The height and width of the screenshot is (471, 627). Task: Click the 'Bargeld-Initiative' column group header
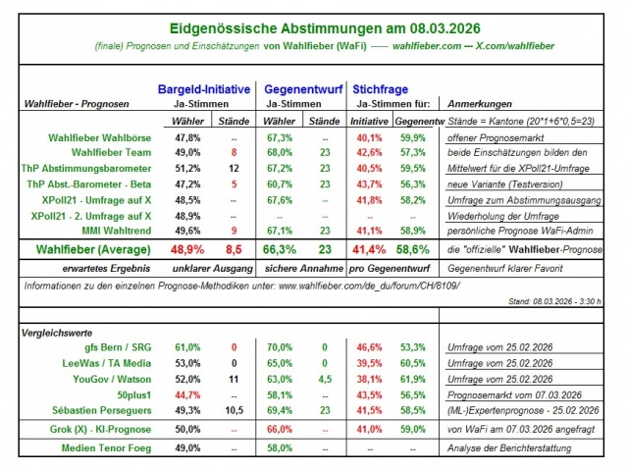(203, 88)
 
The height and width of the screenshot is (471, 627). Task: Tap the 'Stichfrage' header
(382, 88)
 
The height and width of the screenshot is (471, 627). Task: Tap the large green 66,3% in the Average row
(279, 250)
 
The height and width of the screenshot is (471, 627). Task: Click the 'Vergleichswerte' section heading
(60, 333)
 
